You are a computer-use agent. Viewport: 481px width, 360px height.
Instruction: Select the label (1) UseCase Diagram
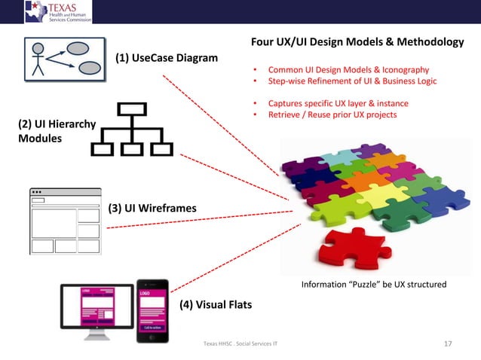click(x=166, y=58)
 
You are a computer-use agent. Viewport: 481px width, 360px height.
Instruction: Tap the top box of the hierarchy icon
click(x=131, y=108)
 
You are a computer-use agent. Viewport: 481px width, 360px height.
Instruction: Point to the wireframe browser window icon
click(x=65, y=221)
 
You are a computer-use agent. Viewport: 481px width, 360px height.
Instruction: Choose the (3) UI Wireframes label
click(x=152, y=208)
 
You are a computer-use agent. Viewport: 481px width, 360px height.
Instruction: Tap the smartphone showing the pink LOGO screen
click(x=152, y=310)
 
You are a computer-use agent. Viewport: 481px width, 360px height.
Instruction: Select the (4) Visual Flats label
click(x=215, y=304)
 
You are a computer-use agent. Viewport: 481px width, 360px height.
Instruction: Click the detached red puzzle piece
click(x=344, y=249)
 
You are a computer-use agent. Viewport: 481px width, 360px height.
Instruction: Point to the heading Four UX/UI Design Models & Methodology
click(x=357, y=42)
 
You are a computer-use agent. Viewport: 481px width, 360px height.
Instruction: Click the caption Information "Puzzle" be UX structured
click(x=373, y=284)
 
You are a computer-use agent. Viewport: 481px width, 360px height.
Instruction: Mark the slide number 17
click(x=448, y=344)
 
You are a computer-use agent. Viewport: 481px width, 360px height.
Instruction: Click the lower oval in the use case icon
click(x=90, y=69)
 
